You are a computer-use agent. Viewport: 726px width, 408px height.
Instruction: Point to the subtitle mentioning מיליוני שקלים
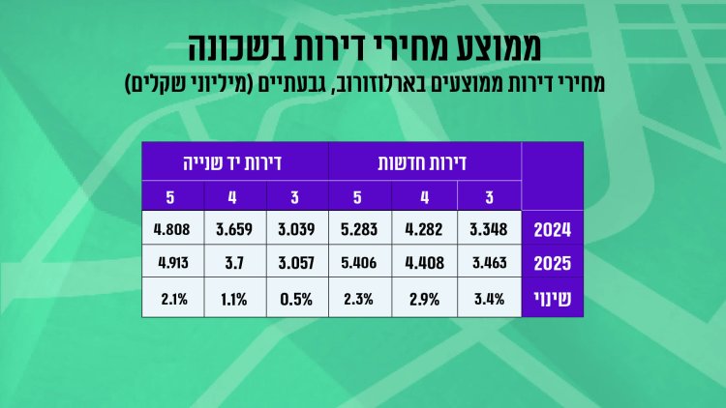363,82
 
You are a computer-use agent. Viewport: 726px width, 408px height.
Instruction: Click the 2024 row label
552,230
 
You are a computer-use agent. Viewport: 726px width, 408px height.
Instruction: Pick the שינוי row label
552,298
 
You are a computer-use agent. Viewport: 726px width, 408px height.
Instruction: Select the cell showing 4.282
425,230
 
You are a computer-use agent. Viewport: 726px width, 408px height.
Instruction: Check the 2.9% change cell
425,298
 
